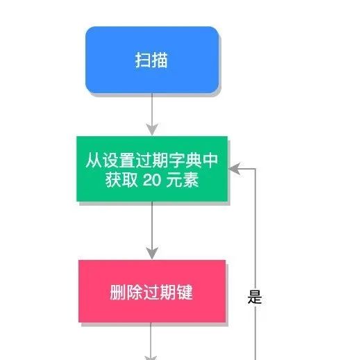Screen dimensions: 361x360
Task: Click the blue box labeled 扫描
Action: tap(152, 60)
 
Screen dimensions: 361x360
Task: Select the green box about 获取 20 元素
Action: tap(152, 169)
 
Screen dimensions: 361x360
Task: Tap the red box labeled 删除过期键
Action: tap(152, 291)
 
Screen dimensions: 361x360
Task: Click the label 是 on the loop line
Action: tap(255, 297)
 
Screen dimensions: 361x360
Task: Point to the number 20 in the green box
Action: tap(152, 180)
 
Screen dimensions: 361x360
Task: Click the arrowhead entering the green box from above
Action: tap(152, 129)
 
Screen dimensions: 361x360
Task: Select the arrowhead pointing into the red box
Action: tap(152, 253)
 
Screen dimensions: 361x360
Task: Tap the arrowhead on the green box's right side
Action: tap(234, 169)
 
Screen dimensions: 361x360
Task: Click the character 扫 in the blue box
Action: tap(143, 60)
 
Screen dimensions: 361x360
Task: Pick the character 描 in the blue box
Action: tap(160, 60)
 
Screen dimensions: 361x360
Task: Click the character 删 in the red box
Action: tap(118, 293)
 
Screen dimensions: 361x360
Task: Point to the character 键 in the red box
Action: tap(185, 293)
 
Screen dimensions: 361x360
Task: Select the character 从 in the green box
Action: tap(94, 160)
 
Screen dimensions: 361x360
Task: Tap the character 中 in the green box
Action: tap(210, 160)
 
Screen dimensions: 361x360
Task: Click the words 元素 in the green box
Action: tap(183, 180)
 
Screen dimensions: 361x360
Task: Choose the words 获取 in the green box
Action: tap(121, 180)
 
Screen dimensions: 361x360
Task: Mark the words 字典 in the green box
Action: tap(185, 160)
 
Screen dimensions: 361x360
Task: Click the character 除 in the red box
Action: tap(135, 293)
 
